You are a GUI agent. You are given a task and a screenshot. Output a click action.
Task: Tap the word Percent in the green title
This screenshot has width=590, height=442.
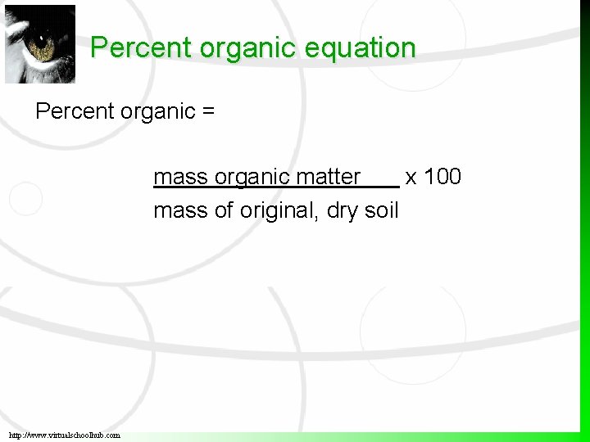[x=130, y=47]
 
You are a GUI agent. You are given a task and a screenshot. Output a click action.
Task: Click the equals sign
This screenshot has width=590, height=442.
[x=207, y=111]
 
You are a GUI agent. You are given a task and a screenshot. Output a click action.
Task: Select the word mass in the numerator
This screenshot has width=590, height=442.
[x=180, y=177]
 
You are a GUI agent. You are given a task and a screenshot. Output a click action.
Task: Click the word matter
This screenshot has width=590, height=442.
[x=328, y=177]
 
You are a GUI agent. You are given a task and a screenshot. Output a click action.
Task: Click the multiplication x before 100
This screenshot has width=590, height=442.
[x=411, y=178]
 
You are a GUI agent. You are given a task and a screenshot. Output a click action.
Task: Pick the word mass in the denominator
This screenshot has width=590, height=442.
[x=180, y=210]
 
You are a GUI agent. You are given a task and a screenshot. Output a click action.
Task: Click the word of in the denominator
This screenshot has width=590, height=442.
[x=224, y=210]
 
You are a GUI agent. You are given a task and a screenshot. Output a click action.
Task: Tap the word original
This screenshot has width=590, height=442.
[x=279, y=210]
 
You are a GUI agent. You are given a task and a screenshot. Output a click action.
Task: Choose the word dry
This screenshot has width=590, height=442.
[x=342, y=211]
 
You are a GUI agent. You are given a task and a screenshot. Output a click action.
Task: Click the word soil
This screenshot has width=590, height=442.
[x=381, y=210]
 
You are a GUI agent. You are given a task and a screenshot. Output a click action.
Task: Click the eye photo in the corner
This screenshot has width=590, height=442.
[x=39, y=44]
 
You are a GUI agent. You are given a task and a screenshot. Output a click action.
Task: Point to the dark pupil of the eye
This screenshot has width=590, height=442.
[x=43, y=47]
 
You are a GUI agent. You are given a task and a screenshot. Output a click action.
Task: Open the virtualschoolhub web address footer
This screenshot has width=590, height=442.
[x=65, y=435]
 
